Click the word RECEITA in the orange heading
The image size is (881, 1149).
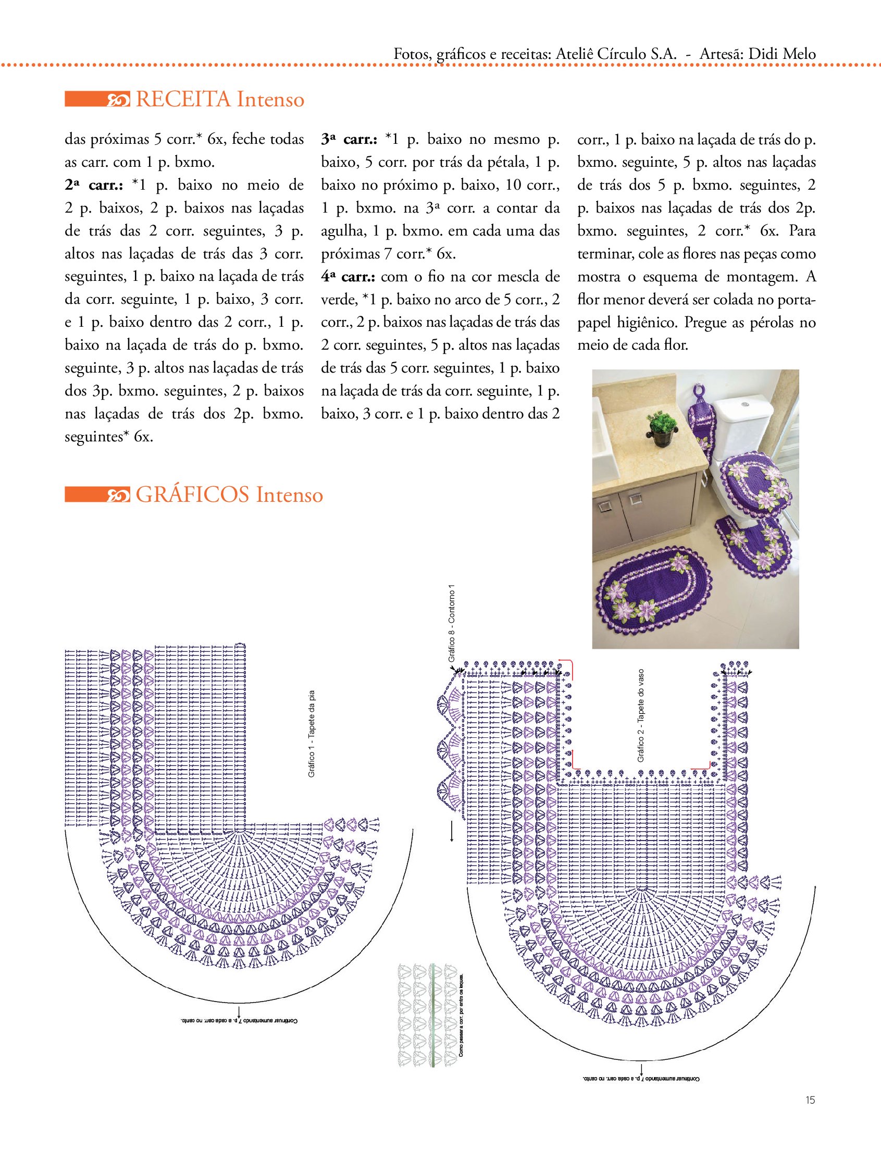[182, 99]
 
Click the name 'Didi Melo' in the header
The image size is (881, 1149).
[782, 54]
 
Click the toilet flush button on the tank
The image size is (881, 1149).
[744, 404]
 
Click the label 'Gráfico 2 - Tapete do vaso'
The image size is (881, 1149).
[641, 716]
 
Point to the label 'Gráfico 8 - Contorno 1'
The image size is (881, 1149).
[452, 624]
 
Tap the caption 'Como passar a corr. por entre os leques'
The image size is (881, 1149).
[461, 1015]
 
